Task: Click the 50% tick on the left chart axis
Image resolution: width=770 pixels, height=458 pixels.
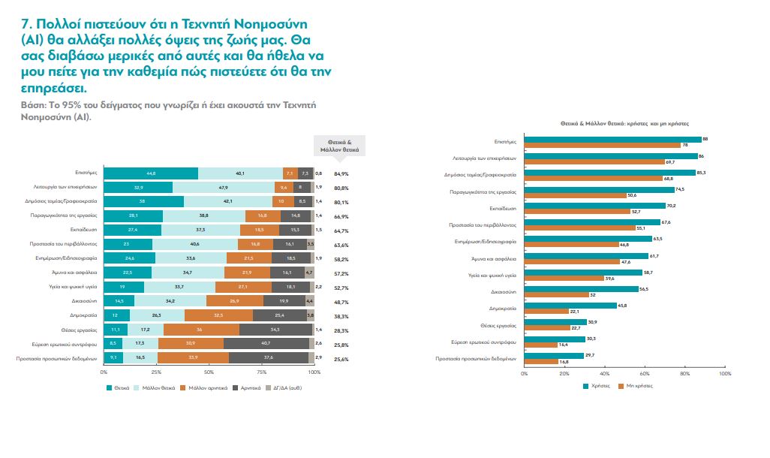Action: (209, 372)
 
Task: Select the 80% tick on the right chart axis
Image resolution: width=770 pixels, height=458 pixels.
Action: (684, 372)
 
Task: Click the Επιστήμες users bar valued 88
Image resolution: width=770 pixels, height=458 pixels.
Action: (612, 139)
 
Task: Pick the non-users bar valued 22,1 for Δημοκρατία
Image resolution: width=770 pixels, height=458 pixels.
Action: (546, 311)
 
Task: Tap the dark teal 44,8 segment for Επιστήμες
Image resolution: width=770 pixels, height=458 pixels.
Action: (151, 173)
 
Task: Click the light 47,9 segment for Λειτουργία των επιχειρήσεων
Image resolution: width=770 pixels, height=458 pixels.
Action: (223, 186)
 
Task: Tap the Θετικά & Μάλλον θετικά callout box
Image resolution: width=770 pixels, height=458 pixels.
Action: (335, 146)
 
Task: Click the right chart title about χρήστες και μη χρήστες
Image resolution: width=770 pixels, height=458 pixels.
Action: (624, 122)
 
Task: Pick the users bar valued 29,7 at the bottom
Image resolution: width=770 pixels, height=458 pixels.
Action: (554, 355)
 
